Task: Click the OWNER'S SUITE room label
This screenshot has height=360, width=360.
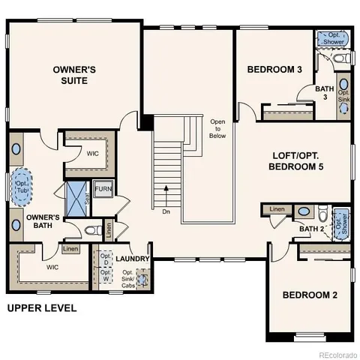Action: [74, 74]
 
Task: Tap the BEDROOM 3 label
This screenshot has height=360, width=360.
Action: [274, 70]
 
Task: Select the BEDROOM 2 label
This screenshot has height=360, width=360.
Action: [310, 295]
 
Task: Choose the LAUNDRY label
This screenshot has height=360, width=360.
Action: [133, 259]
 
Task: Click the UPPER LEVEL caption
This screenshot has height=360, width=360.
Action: [42, 308]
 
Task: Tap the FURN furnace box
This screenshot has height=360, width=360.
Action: [103, 189]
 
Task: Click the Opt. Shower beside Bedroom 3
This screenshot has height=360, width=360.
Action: [334, 38]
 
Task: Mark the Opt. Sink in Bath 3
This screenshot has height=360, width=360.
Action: [344, 93]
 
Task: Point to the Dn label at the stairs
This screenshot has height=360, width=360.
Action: [166, 211]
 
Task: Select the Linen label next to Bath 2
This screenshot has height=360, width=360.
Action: [277, 209]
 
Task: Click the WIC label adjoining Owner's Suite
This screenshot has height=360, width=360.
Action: [93, 153]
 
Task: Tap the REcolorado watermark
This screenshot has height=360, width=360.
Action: [337, 355]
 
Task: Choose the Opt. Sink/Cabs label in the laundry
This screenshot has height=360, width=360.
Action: [129, 277]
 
